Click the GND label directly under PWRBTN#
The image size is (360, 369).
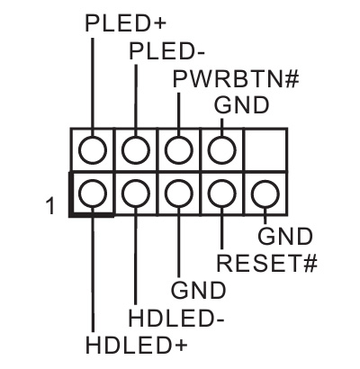pyautogui.click(x=241, y=105)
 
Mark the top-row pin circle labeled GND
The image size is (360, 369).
pyautogui.click(x=221, y=148)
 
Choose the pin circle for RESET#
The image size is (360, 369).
pyautogui.click(x=221, y=193)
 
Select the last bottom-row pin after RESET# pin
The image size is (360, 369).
pyautogui.click(x=264, y=193)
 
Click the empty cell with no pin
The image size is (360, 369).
pyautogui.click(x=265, y=148)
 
